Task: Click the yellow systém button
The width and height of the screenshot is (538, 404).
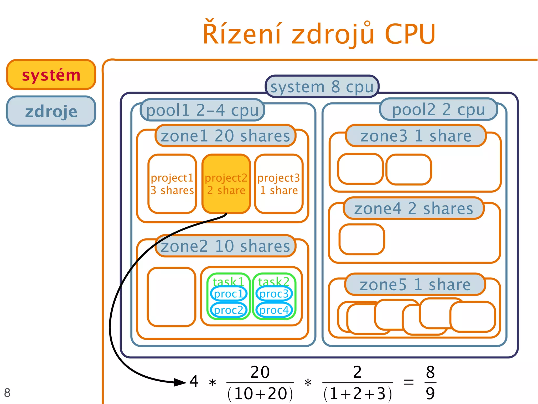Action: pos(51,75)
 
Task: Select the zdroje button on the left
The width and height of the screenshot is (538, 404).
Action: pos(51,111)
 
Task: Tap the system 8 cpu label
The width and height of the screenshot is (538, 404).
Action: pos(322,87)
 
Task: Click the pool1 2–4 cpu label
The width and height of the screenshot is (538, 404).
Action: pos(202,110)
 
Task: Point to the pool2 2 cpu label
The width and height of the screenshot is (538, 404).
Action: pos(438,109)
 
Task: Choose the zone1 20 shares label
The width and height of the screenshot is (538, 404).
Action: pos(225,136)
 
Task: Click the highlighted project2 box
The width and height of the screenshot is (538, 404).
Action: pos(226,184)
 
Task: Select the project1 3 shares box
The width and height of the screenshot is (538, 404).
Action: pos(172,184)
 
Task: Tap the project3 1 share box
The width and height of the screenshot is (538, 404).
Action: pos(279,184)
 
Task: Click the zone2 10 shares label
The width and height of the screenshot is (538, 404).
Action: pos(225,246)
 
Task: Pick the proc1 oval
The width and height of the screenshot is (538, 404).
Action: pos(229,294)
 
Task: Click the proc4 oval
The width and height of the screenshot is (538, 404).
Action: pos(274,310)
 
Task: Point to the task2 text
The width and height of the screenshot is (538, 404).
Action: pos(274,282)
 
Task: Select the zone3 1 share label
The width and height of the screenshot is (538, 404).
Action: pos(416,136)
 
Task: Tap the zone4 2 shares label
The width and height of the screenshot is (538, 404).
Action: pos(413,208)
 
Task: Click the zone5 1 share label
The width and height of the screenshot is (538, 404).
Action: pos(415,285)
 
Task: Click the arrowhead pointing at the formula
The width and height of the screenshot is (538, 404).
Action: pos(181,382)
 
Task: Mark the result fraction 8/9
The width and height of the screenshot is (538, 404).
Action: pos(430,382)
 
